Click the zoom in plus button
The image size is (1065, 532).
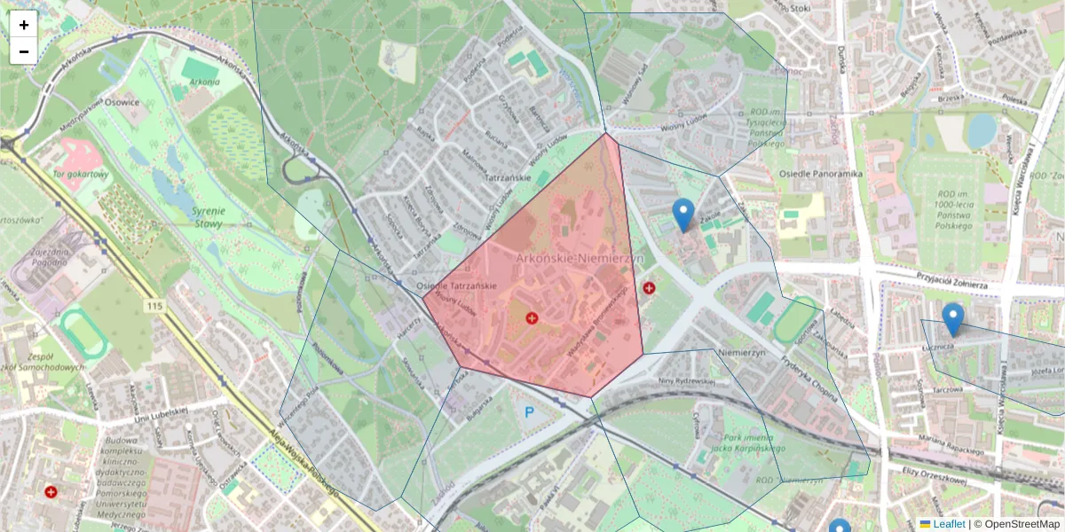pyautogui.click(x=24, y=25)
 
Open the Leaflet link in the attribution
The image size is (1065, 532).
pyautogui.click(x=948, y=524)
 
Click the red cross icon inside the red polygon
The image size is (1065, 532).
pyautogui.click(x=531, y=317)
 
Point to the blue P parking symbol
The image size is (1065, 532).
pyautogui.click(x=530, y=412)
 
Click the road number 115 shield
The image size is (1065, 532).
pyautogui.click(x=157, y=306)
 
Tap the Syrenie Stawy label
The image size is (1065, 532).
pyautogui.click(x=209, y=218)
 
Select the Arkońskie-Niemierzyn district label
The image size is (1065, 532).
pyautogui.click(x=580, y=258)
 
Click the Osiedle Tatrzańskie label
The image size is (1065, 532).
pyautogui.click(x=456, y=286)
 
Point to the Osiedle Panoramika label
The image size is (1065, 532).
pyautogui.click(x=821, y=174)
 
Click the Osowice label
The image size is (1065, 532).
pyautogui.click(x=122, y=102)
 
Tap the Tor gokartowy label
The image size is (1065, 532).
pyautogui.click(x=82, y=175)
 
